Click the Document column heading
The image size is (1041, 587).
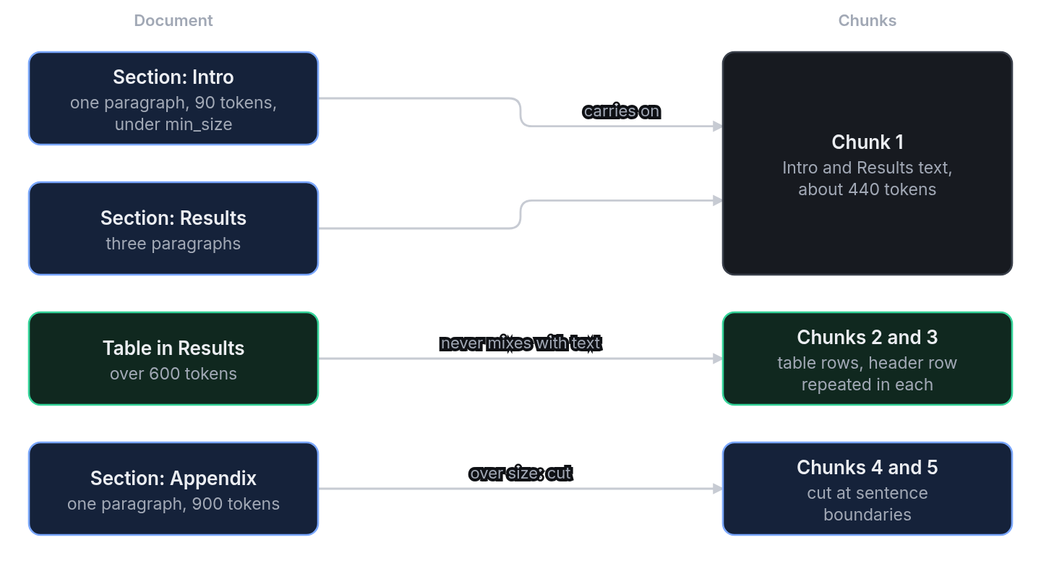point(173,20)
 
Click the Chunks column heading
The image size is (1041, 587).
point(867,20)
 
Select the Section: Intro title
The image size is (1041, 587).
point(173,77)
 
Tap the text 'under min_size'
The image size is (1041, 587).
point(173,124)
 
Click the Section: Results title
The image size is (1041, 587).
point(173,218)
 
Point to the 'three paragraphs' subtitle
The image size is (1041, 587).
point(173,244)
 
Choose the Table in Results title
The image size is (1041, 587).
point(173,348)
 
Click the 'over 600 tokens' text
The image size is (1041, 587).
point(173,374)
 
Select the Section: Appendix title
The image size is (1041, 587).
point(173,479)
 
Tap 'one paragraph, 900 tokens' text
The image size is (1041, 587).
point(173,504)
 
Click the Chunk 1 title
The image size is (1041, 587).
point(867,142)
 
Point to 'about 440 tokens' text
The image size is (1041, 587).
point(867,189)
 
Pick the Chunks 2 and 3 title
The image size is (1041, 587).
point(867,338)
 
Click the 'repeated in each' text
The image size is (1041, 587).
point(867,385)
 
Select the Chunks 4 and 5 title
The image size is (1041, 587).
point(867,468)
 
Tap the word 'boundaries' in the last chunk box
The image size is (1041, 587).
point(867,515)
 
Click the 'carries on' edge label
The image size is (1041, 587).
point(622,111)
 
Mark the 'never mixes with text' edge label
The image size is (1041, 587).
point(520,343)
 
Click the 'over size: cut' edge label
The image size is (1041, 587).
point(520,474)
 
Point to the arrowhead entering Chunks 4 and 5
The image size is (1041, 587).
point(718,489)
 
